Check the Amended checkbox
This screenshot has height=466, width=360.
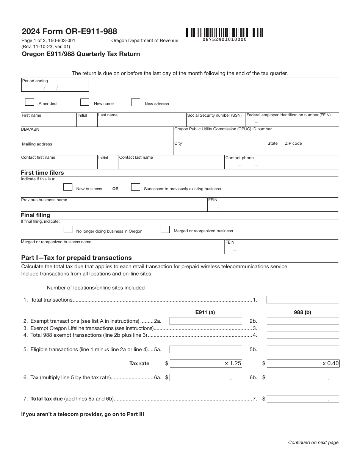pyautogui.click(x=29, y=102)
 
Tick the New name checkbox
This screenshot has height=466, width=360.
pyautogui.click(x=85, y=102)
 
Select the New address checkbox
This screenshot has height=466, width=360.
pyautogui.click(x=136, y=102)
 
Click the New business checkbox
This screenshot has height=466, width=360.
pyautogui.click(x=68, y=187)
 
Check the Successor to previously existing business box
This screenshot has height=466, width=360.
pyautogui.click(x=136, y=187)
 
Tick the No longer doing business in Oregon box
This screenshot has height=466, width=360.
pyautogui.click(x=68, y=229)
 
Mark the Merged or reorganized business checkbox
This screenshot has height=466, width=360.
pyautogui.click(x=165, y=229)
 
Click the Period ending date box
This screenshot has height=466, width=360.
pyautogui.click(x=55, y=85)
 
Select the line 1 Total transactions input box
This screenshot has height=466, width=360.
pyautogui.click(x=302, y=300)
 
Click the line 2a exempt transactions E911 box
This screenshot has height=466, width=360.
pyautogui.click(x=205, y=321)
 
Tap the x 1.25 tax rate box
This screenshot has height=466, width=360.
pyautogui.click(x=206, y=363)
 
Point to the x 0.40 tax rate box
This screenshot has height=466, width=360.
pyautogui.click(x=303, y=363)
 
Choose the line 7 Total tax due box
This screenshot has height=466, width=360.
pyautogui.click(x=303, y=399)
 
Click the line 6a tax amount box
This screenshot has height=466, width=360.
pyautogui.click(x=206, y=377)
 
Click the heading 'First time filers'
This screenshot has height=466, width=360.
pyautogui.click(x=42, y=173)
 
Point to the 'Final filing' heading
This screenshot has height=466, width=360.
pyautogui.click(x=35, y=215)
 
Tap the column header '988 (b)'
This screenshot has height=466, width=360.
pyautogui.click(x=302, y=313)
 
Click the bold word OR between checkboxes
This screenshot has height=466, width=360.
pyautogui.click(x=116, y=189)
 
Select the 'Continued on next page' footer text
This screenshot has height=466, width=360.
pyautogui.click(x=313, y=442)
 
